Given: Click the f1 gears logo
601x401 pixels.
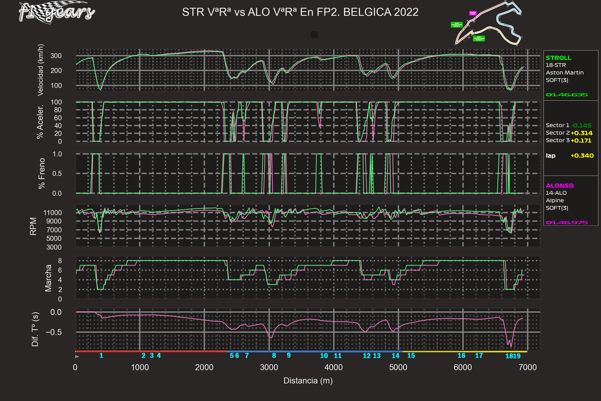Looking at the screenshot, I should [55, 13].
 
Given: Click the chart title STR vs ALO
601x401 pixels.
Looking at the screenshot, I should [300, 12].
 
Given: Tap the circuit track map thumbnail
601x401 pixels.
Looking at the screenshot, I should [488, 25].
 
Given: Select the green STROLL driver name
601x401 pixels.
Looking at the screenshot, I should [558, 58].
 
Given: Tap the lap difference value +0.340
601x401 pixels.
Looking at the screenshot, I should [582, 156].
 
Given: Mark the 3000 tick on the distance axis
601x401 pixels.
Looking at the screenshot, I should [269, 367].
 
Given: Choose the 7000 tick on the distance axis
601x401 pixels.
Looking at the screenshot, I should [528, 367].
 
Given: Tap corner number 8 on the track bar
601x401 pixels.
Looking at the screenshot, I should [274, 355].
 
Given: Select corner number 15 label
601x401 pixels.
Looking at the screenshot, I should [411, 355].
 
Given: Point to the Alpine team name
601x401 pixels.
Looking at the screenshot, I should [554, 200].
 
